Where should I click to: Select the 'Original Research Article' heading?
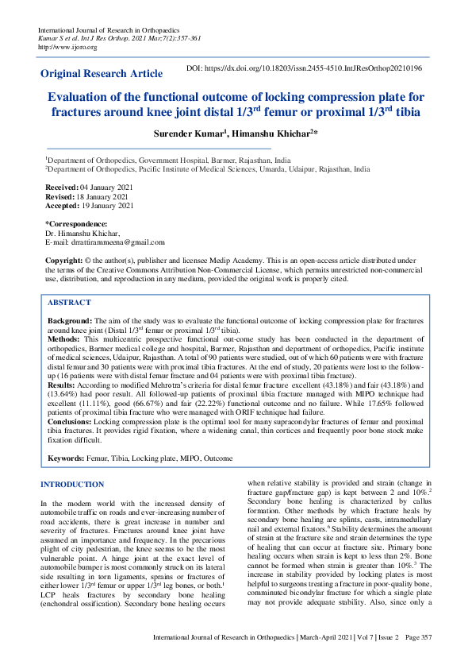tap(101, 74)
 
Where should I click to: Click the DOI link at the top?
tap(315, 69)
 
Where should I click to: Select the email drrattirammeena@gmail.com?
tap(117, 242)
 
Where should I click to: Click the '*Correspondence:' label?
tap(76, 224)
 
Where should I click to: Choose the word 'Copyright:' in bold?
tap(63, 260)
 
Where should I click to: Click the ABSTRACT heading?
tap(69, 303)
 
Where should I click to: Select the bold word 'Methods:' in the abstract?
tap(63, 338)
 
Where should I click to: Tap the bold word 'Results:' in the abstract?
tap(62, 383)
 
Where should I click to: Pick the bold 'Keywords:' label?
tap(67, 458)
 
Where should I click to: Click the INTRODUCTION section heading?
tap(72, 484)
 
